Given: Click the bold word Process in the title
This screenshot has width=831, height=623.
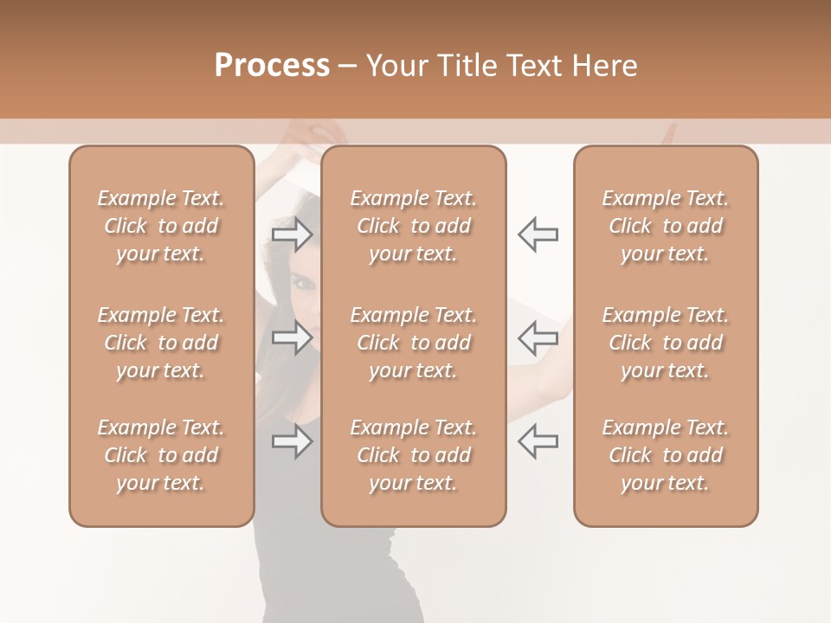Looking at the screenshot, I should click(272, 66).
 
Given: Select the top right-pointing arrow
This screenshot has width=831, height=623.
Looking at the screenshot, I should click(293, 234).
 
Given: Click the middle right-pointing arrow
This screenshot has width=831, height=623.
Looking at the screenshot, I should click(293, 337).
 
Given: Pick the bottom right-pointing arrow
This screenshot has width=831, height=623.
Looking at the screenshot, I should click(293, 441).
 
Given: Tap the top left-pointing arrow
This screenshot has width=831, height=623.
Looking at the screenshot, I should click(538, 234).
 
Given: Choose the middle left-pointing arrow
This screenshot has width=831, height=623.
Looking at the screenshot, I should click(538, 337).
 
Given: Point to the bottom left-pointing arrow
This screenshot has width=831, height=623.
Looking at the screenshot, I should click(538, 441).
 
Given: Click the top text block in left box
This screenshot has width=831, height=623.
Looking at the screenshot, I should click(161, 226).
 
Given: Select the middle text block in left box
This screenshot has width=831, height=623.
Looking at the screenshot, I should click(161, 343).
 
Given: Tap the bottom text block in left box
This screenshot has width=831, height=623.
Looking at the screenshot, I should click(161, 455).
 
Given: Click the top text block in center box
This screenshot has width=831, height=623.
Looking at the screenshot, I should click(414, 226).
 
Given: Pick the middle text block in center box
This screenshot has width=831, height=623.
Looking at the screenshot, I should click(414, 343).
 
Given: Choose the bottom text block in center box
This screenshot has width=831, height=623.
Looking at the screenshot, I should click(414, 455).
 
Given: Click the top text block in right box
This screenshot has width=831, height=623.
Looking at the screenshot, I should click(666, 226).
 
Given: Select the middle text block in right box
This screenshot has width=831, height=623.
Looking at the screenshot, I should click(666, 343).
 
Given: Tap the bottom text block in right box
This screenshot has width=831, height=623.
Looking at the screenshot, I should click(666, 455).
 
